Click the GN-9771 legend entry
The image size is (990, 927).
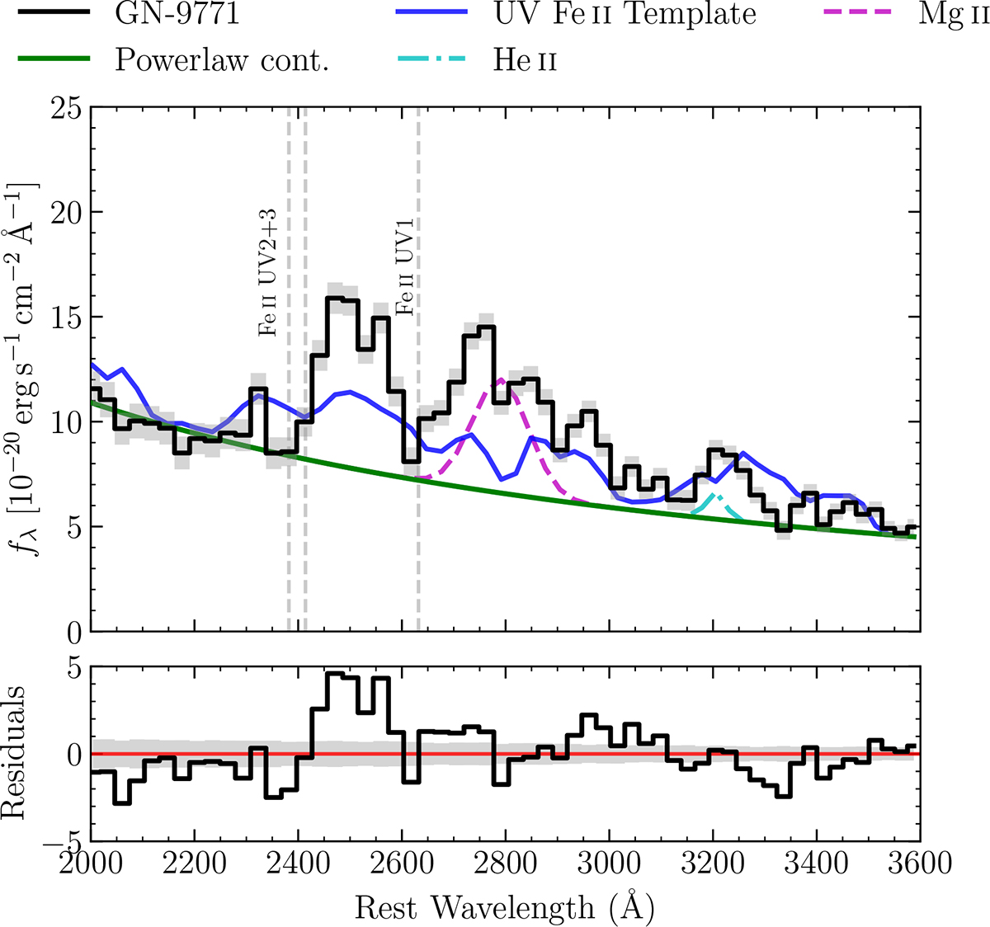(x=177, y=15)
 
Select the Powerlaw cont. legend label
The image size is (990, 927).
(x=221, y=60)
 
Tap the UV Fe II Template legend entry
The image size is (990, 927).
(x=625, y=15)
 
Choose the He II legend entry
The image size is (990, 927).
(x=525, y=60)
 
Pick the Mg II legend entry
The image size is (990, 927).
(x=953, y=15)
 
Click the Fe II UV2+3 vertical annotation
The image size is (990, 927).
(x=269, y=272)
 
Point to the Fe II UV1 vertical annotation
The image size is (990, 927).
(x=404, y=262)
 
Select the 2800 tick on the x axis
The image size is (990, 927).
(x=505, y=864)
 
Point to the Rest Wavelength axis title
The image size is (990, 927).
(x=505, y=907)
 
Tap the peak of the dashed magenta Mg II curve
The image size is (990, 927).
(x=501, y=379)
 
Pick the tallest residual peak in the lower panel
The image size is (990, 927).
(x=334, y=674)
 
